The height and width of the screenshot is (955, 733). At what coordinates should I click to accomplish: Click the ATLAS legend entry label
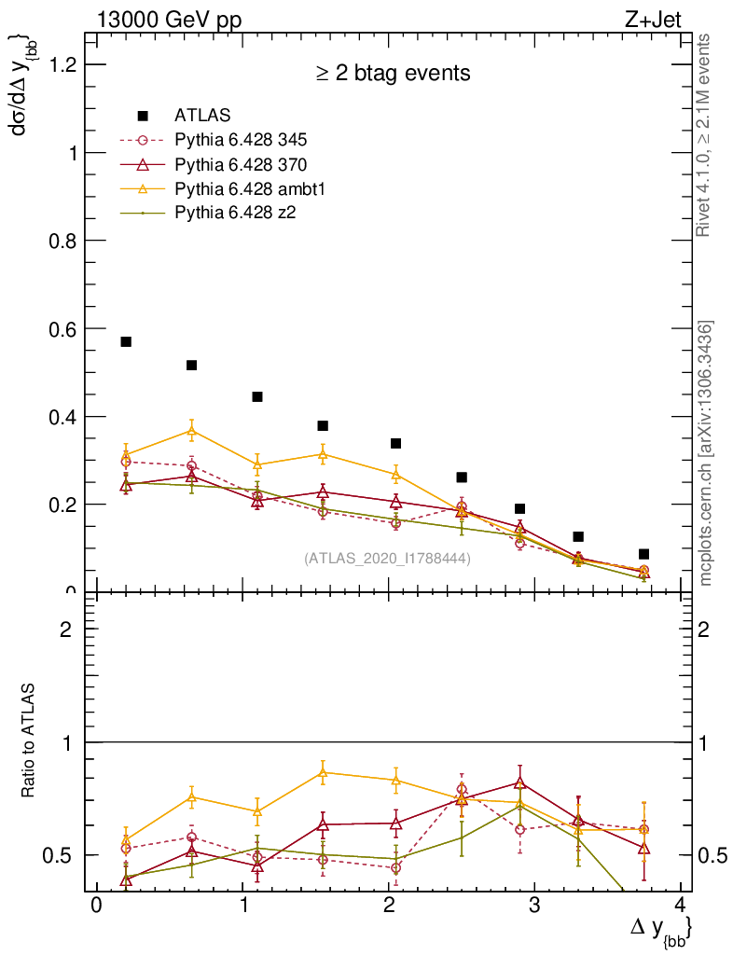[196, 116]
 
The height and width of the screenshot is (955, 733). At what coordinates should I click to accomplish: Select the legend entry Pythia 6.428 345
[241, 140]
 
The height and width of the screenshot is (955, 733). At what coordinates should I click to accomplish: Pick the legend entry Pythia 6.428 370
[241, 164]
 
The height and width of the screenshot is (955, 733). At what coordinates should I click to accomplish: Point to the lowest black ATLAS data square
[643, 554]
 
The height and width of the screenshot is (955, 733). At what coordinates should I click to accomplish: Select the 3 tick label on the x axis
[534, 907]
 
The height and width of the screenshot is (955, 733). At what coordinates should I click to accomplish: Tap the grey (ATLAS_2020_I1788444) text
[387, 559]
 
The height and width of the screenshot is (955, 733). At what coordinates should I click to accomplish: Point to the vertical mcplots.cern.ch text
[707, 453]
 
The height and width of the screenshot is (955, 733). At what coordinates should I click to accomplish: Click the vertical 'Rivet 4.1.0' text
[706, 134]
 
